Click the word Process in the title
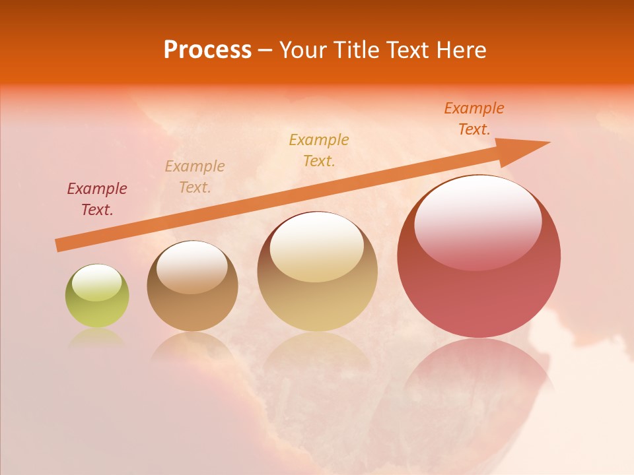pos(207,50)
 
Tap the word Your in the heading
pos(304,50)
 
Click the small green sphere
pos(97,297)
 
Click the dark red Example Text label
pos(96,199)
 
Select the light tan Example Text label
pos(195,177)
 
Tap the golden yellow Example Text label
pos(319,150)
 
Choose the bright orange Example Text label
pos(474,119)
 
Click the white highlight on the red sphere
pos(477,221)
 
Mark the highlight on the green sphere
pos(96,282)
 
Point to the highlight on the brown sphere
pos(192,267)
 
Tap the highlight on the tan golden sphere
pos(317,246)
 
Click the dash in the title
pos(265,51)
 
